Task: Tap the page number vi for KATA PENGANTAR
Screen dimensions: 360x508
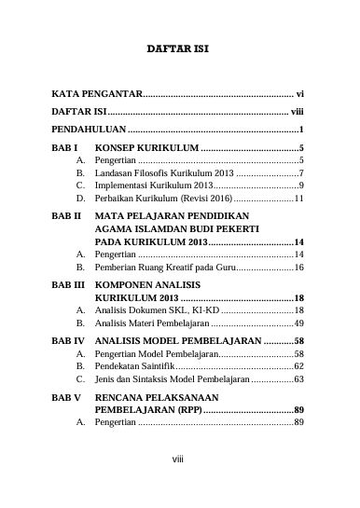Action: tap(299, 94)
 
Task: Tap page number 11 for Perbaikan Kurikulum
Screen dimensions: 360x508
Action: tap(298, 199)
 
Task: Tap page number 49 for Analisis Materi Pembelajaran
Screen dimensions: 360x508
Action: tap(298, 322)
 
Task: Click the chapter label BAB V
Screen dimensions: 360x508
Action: tap(66, 396)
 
